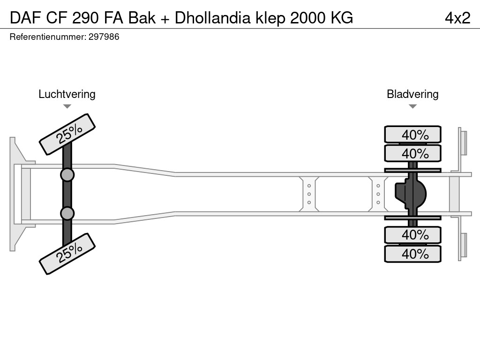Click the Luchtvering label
click(67, 94)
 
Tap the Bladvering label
click(412, 94)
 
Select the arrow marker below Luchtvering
click(67, 106)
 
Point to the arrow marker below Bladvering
click(412, 106)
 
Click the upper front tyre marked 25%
click(67, 134)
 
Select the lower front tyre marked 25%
click(67, 253)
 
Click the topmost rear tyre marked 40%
click(412, 135)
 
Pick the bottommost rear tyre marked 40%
click(412, 254)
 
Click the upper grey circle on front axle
click(67, 175)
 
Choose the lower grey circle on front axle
click(67, 213)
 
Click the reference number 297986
click(104, 37)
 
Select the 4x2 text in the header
click(457, 18)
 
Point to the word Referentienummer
click(47, 37)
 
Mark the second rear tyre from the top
click(412, 153)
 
